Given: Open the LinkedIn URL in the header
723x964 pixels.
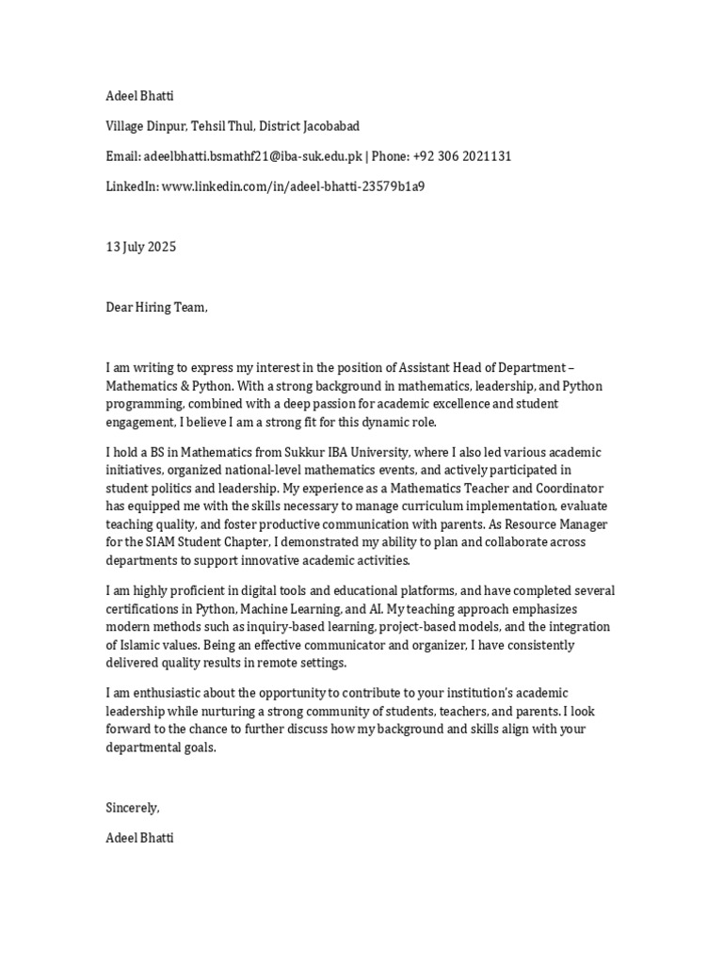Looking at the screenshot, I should [x=293, y=186].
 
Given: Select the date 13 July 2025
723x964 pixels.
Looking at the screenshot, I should [x=140, y=248].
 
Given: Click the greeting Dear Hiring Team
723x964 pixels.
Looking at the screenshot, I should [x=155, y=308].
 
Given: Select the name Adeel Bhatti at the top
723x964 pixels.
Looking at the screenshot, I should [x=139, y=96].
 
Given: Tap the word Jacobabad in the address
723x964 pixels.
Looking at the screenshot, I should [x=326, y=126].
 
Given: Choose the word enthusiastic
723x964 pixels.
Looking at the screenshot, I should [x=161, y=693].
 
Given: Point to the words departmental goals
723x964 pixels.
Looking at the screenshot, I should [x=160, y=747].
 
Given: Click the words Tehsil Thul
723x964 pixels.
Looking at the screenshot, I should [x=222, y=126].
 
